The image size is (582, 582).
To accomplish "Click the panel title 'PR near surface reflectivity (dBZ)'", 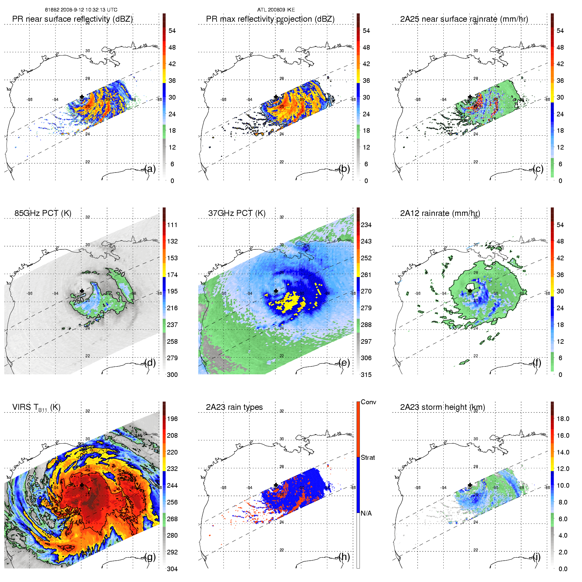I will (x=72, y=19).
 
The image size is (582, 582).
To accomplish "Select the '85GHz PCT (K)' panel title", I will (x=43, y=213).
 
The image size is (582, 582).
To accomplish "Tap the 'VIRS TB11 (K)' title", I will (x=36, y=407).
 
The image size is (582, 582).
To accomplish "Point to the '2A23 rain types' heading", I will (x=234, y=407).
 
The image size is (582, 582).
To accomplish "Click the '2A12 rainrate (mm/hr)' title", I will (x=440, y=213).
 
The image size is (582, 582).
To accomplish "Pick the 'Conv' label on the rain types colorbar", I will (x=368, y=402).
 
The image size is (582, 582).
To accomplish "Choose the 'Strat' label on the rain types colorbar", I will (x=368, y=458).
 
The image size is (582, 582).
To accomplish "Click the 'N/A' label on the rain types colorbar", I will (x=366, y=513).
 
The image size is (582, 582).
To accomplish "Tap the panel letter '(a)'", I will (x=150, y=169).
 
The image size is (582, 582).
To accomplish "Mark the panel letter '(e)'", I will (x=344, y=362).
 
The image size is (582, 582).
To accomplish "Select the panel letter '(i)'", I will (x=536, y=557).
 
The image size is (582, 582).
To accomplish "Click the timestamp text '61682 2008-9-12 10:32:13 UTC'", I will (x=81, y=10).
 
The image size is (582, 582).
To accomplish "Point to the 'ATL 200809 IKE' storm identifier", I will (x=276, y=10).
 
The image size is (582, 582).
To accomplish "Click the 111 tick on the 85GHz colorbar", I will (x=172, y=225).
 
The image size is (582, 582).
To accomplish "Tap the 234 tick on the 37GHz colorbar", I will (x=366, y=225).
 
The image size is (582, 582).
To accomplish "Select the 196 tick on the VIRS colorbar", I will (x=172, y=419).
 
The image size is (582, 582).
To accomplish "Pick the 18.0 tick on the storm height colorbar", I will (x=563, y=419).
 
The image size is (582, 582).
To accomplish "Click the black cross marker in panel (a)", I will (x=82, y=97).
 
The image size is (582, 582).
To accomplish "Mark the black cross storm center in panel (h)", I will (x=276, y=485).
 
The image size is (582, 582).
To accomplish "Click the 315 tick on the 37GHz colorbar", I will (x=366, y=375).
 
